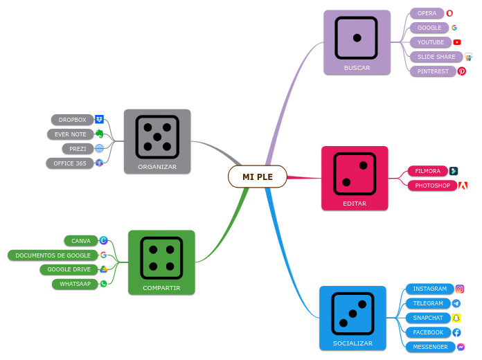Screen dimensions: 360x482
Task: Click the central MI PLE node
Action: (257, 177)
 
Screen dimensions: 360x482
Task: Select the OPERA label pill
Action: (427, 13)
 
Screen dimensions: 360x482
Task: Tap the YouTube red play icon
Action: (457, 42)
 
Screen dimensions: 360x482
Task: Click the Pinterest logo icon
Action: (462, 71)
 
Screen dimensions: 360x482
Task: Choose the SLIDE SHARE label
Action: (436, 57)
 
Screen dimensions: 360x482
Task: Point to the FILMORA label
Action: (427, 171)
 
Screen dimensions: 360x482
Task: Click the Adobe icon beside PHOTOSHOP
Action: (463, 186)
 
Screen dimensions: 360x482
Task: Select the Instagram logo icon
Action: (460, 289)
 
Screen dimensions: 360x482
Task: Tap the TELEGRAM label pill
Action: (428, 303)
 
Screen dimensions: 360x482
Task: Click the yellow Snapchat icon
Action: (456, 318)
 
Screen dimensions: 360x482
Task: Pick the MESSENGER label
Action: (430, 347)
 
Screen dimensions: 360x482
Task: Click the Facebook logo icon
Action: (456, 332)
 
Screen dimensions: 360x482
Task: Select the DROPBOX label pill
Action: (72, 120)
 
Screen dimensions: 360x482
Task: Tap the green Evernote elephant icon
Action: (100, 134)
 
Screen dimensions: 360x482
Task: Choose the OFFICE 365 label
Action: (70, 163)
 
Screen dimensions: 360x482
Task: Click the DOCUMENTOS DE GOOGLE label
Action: (53, 255)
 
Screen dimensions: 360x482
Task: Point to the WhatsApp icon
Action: (104, 284)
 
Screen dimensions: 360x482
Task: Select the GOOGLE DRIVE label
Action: (69, 269)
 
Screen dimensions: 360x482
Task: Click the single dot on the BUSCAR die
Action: (357, 37)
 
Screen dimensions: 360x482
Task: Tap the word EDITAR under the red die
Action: (355, 204)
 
